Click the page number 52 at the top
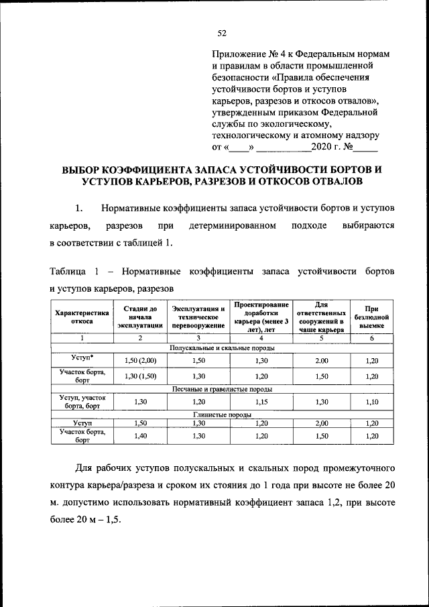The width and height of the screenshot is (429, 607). point(222,34)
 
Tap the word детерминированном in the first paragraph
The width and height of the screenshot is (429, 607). point(233,225)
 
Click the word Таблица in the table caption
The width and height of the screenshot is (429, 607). point(68,272)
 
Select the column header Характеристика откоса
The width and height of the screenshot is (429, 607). point(81,317)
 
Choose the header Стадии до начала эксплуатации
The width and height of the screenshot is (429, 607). point(140,317)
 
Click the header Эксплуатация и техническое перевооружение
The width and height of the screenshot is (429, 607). point(198,317)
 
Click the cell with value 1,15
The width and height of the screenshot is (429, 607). point(261,402)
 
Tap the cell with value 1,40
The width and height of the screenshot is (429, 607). point(140,436)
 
